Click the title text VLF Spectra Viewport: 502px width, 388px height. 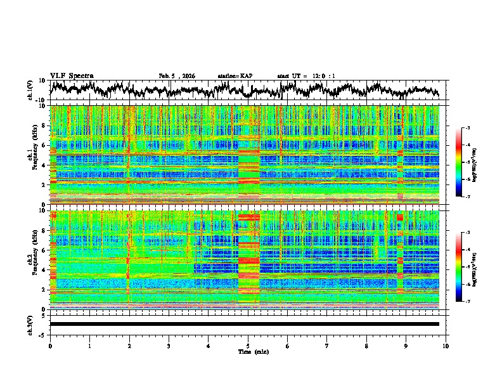(72, 75)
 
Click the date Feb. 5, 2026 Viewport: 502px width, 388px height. (177, 76)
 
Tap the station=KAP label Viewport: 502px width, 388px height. (235, 76)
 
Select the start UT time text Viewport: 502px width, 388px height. (306, 76)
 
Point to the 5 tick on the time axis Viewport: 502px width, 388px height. (248, 346)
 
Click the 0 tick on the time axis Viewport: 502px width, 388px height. (50, 346)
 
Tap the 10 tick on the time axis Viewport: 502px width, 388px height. (446, 346)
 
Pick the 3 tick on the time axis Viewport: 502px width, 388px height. (169, 346)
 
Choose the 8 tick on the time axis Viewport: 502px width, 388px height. (366, 346)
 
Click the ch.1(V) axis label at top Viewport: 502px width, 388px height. (30, 90)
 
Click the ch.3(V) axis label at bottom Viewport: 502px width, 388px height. (30, 323)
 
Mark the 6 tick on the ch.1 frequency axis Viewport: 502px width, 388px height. (44, 145)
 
